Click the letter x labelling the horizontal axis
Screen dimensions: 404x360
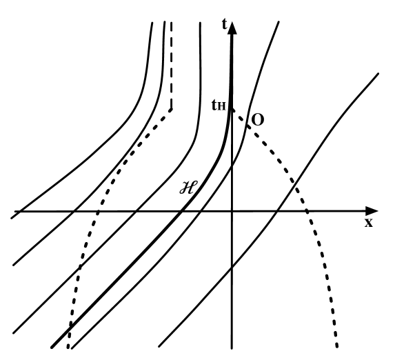[369, 223]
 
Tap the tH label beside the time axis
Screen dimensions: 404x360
[217, 108]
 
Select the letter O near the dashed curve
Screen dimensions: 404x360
[257, 119]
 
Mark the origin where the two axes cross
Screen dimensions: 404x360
[232, 210]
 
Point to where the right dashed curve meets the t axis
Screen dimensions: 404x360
[232, 108]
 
